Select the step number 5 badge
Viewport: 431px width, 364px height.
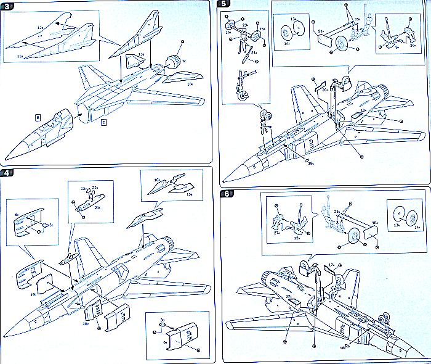224,5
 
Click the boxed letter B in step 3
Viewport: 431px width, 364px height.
38,116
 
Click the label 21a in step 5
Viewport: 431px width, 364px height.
321,30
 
